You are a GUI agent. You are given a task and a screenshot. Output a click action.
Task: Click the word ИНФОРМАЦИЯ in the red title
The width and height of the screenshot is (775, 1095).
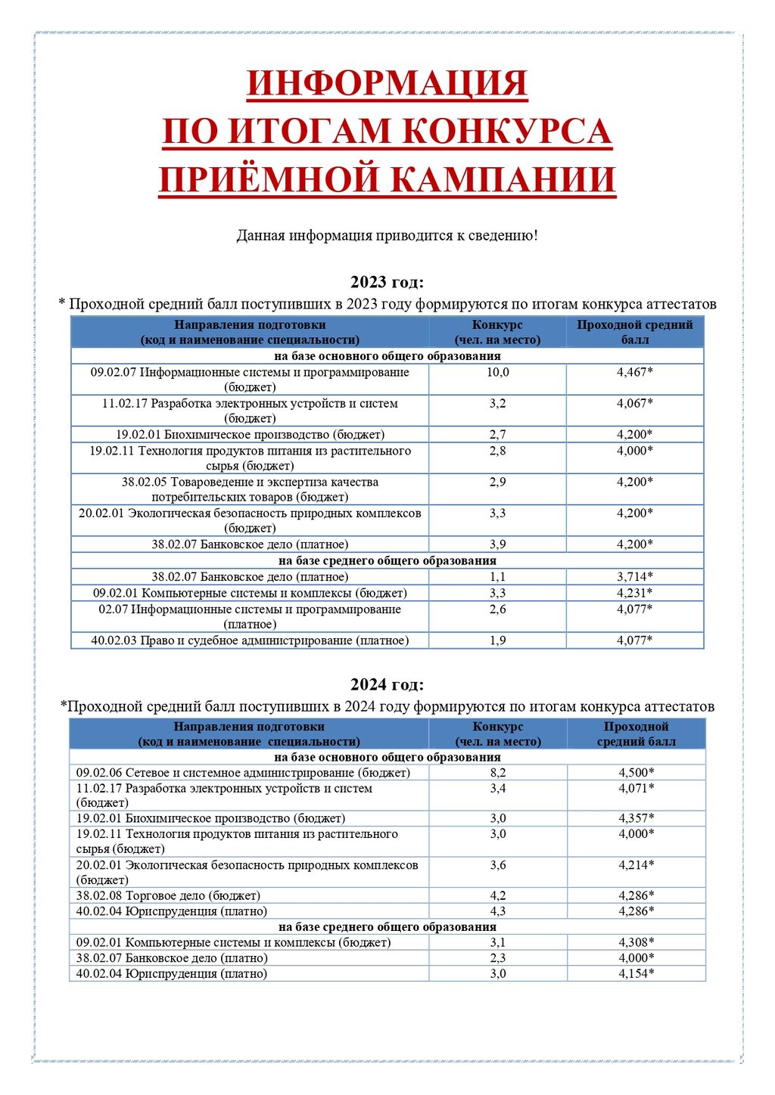(387, 83)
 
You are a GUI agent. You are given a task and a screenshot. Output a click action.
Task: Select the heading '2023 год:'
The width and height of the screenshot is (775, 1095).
(387, 282)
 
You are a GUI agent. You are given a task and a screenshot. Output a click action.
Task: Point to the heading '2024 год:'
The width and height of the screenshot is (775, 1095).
(387, 684)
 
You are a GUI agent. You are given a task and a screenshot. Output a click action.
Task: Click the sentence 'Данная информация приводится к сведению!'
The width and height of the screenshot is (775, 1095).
(387, 235)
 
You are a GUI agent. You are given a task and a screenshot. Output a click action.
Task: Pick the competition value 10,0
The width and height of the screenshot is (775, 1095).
(497, 372)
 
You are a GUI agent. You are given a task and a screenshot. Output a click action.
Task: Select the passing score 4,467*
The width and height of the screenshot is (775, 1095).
(634, 372)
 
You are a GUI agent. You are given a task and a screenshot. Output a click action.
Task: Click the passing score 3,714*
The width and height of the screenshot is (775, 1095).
(634, 577)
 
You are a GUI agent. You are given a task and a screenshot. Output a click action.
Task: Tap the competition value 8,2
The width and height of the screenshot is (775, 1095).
(497, 773)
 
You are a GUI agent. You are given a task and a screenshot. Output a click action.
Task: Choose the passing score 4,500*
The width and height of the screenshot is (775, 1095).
(636, 773)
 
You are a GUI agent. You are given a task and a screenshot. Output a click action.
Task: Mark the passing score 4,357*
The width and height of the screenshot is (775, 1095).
(636, 818)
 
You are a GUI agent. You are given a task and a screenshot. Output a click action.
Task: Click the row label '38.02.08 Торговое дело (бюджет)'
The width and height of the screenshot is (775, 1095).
(168, 896)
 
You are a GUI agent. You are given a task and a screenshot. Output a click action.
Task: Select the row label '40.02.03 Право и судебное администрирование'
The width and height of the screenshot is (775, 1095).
(250, 641)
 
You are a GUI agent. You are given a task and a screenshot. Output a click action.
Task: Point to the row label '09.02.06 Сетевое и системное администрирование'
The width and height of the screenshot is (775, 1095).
(243, 773)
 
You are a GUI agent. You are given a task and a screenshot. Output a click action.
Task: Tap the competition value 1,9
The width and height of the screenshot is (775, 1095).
(497, 641)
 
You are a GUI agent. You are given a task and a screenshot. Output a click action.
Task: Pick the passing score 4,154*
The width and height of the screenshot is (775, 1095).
(636, 974)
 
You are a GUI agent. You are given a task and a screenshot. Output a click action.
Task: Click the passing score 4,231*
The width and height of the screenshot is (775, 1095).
(634, 593)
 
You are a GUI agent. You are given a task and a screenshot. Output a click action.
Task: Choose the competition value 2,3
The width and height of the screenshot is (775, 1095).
(497, 958)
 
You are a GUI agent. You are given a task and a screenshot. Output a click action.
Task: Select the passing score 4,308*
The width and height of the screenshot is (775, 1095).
(636, 943)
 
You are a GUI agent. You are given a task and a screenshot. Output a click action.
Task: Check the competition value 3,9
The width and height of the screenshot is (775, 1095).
(497, 544)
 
